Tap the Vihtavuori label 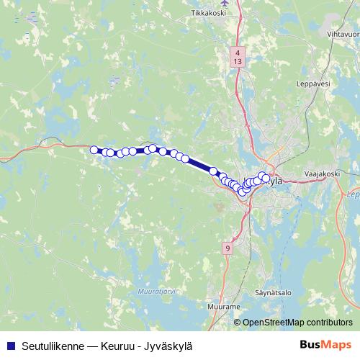pyautogui.click(x=343, y=34)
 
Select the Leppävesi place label pyautogui.click(x=312, y=84)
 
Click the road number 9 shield pyautogui.click(x=228, y=248)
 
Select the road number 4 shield pyautogui.click(x=238, y=53)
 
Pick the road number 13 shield pyautogui.click(x=238, y=62)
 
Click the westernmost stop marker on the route pyautogui.click(x=94, y=150)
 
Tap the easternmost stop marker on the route pyautogui.click(x=266, y=178)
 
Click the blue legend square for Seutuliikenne pyautogui.click(x=10, y=346)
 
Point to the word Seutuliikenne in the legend pyautogui.click(x=49, y=346)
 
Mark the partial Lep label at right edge pyautogui.click(x=353, y=194)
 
